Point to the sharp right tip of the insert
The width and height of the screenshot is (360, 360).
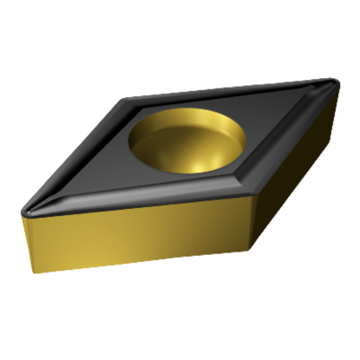tap(337, 84)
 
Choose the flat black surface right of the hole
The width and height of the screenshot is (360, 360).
tap(260, 130)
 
